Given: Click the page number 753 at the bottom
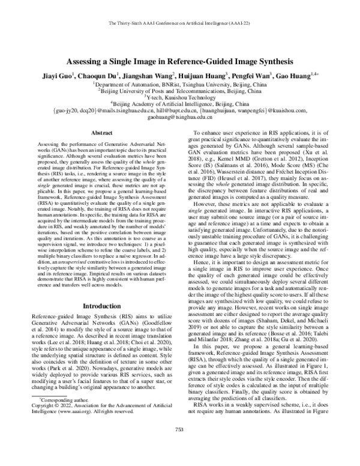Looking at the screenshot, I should [x=179, y=446].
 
